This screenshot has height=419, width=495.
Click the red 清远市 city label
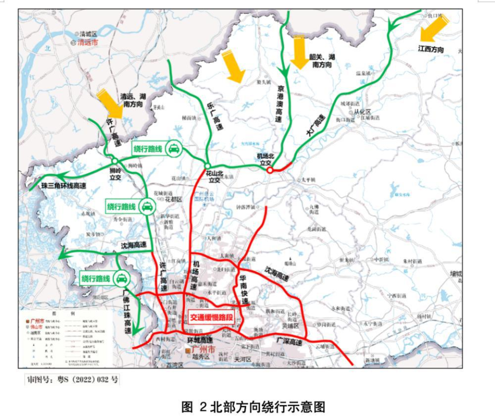click(x=87, y=43)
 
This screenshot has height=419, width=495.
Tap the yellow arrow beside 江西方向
click(x=432, y=28)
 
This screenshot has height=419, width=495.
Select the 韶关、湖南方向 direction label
click(x=322, y=61)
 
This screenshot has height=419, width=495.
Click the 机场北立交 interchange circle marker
click(x=269, y=170)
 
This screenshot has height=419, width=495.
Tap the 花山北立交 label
click(x=214, y=177)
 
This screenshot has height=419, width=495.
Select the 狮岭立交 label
click(x=115, y=173)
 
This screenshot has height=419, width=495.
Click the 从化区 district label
click(x=360, y=111)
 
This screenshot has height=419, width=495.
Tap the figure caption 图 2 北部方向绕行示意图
click(x=254, y=407)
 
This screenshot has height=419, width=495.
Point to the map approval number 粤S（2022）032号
click(x=73, y=380)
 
